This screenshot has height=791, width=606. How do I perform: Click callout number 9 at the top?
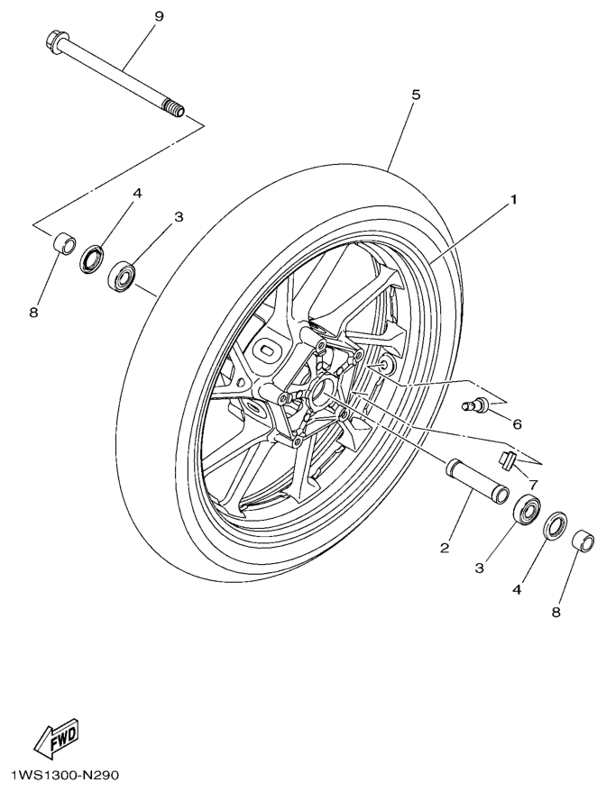click(x=159, y=16)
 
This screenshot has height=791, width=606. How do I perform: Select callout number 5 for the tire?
click(x=416, y=95)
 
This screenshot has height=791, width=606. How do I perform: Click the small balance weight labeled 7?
click(x=507, y=459)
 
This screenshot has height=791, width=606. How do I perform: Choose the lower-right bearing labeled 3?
click(x=527, y=512)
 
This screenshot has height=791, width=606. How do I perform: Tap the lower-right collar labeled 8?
click(x=584, y=543)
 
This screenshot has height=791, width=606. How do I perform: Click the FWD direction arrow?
click(x=56, y=737)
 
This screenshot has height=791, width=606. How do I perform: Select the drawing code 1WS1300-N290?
click(x=64, y=775)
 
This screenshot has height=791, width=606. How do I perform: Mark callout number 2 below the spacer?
click(x=445, y=547)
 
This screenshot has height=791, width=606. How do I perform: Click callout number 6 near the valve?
click(x=517, y=423)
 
